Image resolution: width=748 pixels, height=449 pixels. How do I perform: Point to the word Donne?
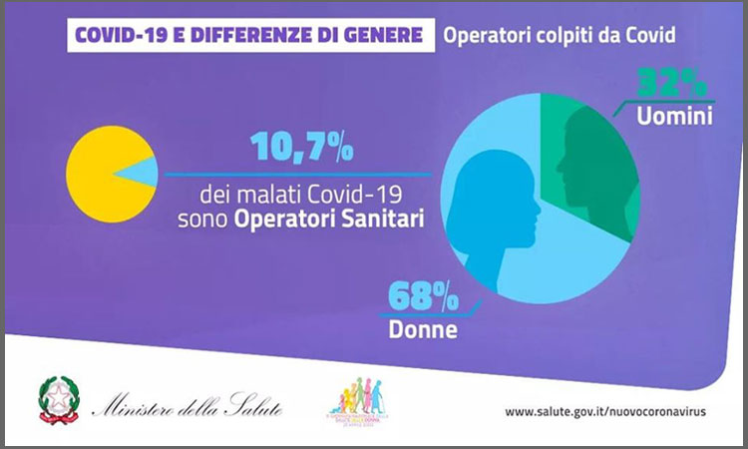click(x=424, y=327)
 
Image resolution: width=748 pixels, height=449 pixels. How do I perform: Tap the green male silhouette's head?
click(x=588, y=140)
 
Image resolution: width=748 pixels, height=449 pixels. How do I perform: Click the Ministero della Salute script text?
click(x=187, y=407)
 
